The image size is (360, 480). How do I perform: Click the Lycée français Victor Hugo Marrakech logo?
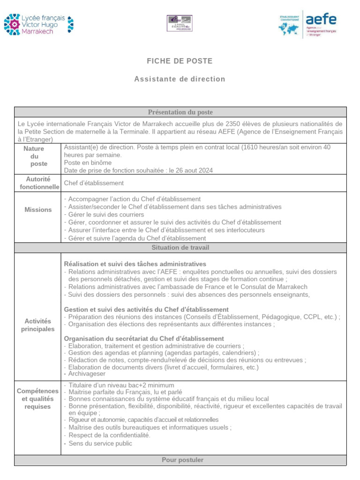pos(38,24)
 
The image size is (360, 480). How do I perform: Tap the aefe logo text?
pos(321,20)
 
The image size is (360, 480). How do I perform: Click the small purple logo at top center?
pos(180,23)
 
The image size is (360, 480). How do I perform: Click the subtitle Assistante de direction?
pos(180,79)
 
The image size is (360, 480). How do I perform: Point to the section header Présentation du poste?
pos(180,112)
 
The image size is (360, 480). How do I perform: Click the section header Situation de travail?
pos(180,247)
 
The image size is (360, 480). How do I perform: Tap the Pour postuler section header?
pos(180,460)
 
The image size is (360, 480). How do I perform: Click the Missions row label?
pos(38,210)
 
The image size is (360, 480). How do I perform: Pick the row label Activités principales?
pos(38,325)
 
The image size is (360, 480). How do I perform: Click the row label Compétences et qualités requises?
pos(38,398)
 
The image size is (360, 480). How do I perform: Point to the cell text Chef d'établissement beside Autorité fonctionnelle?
pos(94,183)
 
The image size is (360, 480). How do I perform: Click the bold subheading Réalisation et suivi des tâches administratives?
pos(135,264)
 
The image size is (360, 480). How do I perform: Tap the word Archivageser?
pos(88,374)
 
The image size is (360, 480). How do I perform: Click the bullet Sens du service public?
pos(100,443)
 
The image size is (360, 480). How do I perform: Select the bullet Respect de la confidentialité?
pos(109,435)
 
